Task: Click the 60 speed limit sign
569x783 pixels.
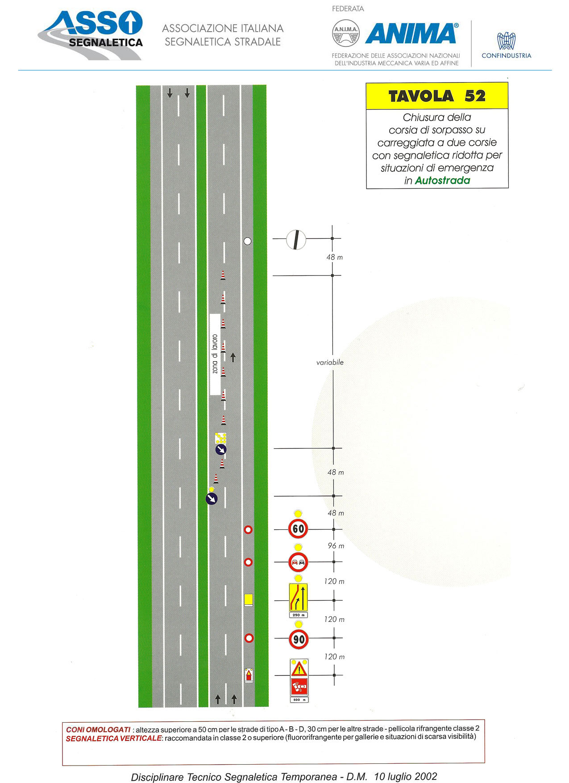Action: click(298, 529)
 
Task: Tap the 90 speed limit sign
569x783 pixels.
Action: click(299, 639)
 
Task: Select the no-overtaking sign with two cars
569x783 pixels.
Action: click(298, 562)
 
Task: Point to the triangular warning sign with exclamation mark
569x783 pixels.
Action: click(299, 669)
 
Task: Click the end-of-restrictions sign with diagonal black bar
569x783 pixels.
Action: click(296, 239)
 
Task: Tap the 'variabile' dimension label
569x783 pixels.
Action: click(330, 362)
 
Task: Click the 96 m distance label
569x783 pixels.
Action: click(336, 546)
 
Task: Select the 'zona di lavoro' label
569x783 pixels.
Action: click(215, 354)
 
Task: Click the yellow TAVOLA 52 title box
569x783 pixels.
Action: click(437, 96)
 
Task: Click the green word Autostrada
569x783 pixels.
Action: click(442, 180)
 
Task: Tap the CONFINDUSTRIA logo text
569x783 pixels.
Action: click(507, 56)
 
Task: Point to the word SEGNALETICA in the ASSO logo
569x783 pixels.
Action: click(106, 42)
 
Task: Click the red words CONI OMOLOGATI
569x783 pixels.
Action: click(98, 729)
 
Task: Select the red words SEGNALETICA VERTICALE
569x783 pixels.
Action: click(113, 738)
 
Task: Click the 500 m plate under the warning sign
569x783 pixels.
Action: click(299, 700)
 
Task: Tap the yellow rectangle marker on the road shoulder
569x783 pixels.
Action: click(249, 600)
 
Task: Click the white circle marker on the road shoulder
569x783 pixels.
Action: click(247, 241)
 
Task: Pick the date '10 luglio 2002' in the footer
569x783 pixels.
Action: click(406, 776)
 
